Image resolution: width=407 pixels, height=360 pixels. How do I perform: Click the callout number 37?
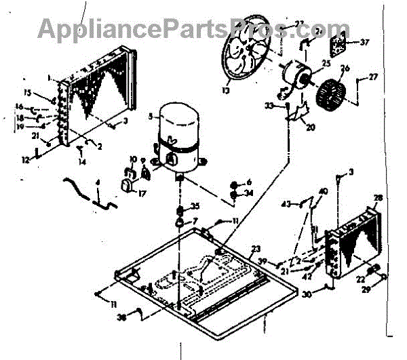365,42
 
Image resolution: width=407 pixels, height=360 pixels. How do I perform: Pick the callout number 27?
372,78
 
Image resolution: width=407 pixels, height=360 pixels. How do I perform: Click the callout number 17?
142,193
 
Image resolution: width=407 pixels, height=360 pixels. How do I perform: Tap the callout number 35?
195,206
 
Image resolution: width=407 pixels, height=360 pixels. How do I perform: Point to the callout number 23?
256,248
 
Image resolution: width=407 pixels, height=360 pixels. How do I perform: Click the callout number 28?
378,197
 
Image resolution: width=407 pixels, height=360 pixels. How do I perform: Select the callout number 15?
28,92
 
